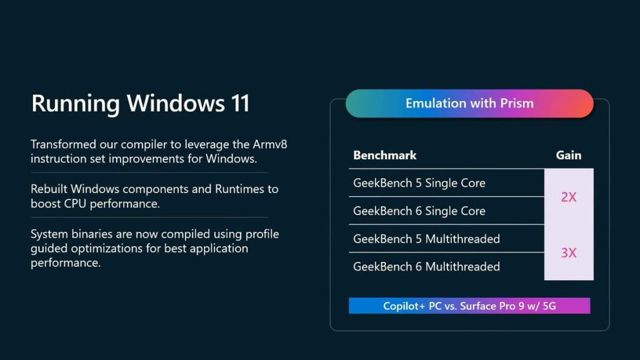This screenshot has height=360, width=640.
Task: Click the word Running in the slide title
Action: (x=74, y=104)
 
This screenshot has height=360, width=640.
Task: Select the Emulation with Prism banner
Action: (x=469, y=103)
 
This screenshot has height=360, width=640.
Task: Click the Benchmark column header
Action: (x=385, y=155)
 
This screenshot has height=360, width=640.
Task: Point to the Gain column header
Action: (x=568, y=155)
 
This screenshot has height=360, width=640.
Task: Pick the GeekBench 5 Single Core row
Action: (x=419, y=183)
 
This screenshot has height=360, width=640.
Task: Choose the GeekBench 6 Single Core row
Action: (x=419, y=211)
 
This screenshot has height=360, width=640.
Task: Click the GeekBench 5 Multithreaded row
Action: (x=426, y=239)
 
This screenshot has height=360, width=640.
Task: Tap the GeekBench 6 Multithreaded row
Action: (x=426, y=267)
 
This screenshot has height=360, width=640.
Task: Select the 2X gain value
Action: (x=568, y=197)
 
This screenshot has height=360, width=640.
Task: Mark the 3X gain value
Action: (x=568, y=253)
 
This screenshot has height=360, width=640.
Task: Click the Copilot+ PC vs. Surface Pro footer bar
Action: (x=469, y=306)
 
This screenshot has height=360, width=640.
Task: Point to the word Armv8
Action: (x=269, y=144)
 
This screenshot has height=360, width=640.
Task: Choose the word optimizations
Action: (x=116, y=248)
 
